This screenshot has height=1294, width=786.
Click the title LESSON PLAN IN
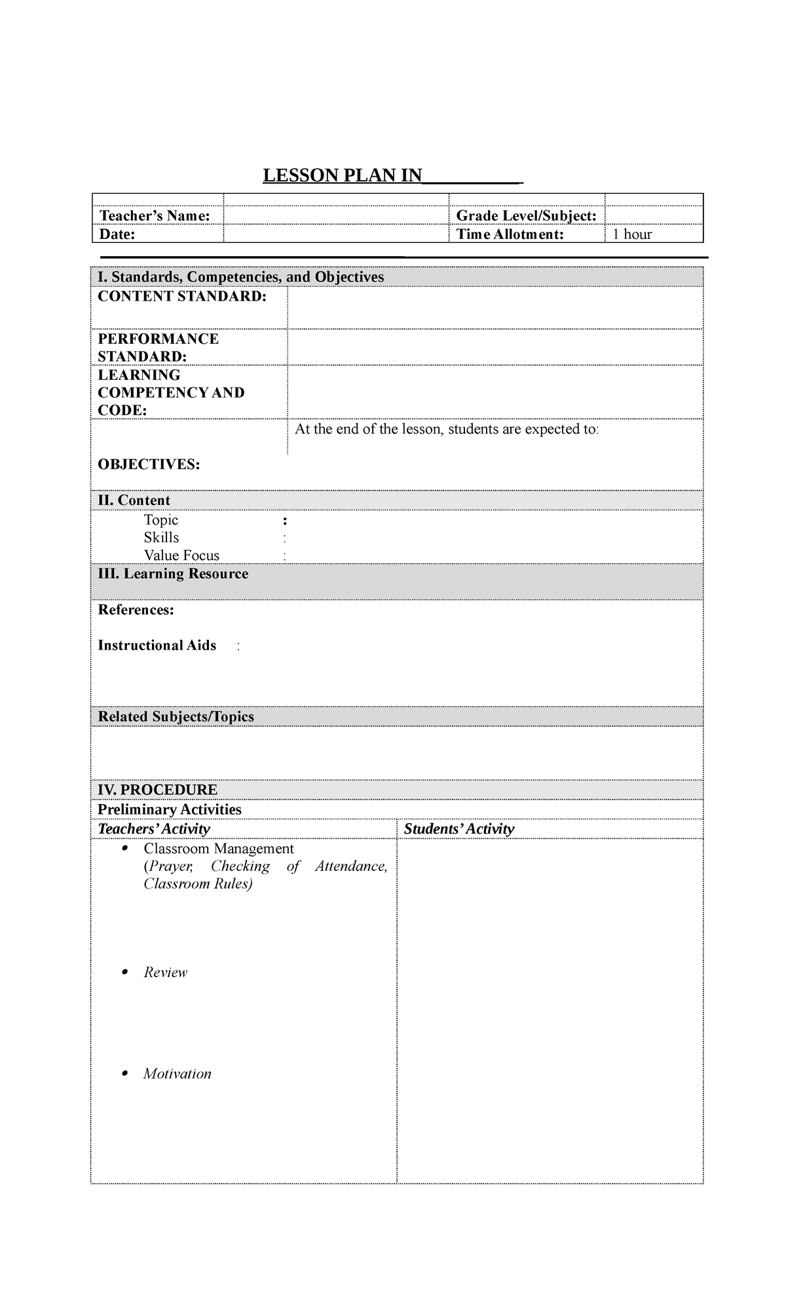point(343,176)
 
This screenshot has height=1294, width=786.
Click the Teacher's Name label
point(154,216)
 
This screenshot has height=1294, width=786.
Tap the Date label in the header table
point(117,234)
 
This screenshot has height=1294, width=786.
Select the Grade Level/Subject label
point(526,216)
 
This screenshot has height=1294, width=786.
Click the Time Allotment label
point(510,234)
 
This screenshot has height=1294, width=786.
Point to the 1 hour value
point(632,234)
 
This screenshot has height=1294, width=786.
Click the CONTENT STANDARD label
point(182,297)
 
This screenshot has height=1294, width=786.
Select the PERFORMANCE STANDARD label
point(158,348)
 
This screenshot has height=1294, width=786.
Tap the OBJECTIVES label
point(149,464)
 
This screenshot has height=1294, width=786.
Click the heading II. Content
point(134,500)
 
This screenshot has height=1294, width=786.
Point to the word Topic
point(161,520)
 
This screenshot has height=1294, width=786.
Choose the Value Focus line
point(181,555)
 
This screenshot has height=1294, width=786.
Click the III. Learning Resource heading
point(173,574)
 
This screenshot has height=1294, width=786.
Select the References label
point(136,610)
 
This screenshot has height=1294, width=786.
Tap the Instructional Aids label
point(157,645)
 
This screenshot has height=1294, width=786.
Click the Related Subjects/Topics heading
point(176,716)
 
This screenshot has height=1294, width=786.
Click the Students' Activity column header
point(458,829)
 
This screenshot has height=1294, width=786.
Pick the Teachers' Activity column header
point(153,829)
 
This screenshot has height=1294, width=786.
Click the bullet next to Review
point(124,972)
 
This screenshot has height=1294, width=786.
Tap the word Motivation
point(178,1074)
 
